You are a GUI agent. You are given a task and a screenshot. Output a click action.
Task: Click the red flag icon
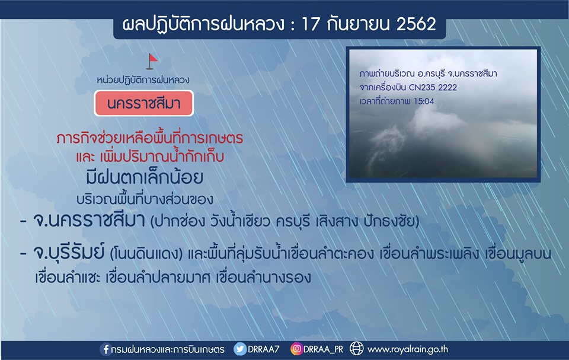[x=152, y=62]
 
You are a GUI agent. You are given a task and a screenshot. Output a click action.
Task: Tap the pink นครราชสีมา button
[x=143, y=104]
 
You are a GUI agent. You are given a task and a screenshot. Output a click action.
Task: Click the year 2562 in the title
[x=416, y=24]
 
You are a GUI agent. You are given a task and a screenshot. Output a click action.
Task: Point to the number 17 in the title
[x=311, y=24]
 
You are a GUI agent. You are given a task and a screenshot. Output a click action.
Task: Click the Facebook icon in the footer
[x=106, y=349]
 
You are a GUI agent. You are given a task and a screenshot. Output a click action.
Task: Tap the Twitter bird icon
[x=240, y=349]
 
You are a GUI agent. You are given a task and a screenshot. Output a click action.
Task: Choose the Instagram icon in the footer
[x=296, y=349]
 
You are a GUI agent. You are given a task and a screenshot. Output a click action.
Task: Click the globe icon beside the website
[x=356, y=349]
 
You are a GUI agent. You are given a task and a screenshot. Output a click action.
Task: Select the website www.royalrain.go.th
[x=408, y=349]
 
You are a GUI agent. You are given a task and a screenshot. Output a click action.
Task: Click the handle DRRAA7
[x=263, y=349]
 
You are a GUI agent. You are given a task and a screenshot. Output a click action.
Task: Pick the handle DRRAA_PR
[x=323, y=349]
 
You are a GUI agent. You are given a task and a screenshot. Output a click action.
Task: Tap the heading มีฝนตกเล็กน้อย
[x=145, y=177]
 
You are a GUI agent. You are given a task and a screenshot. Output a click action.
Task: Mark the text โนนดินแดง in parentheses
[x=146, y=254]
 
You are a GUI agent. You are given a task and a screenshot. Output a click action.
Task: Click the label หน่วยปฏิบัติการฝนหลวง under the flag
[x=143, y=80]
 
